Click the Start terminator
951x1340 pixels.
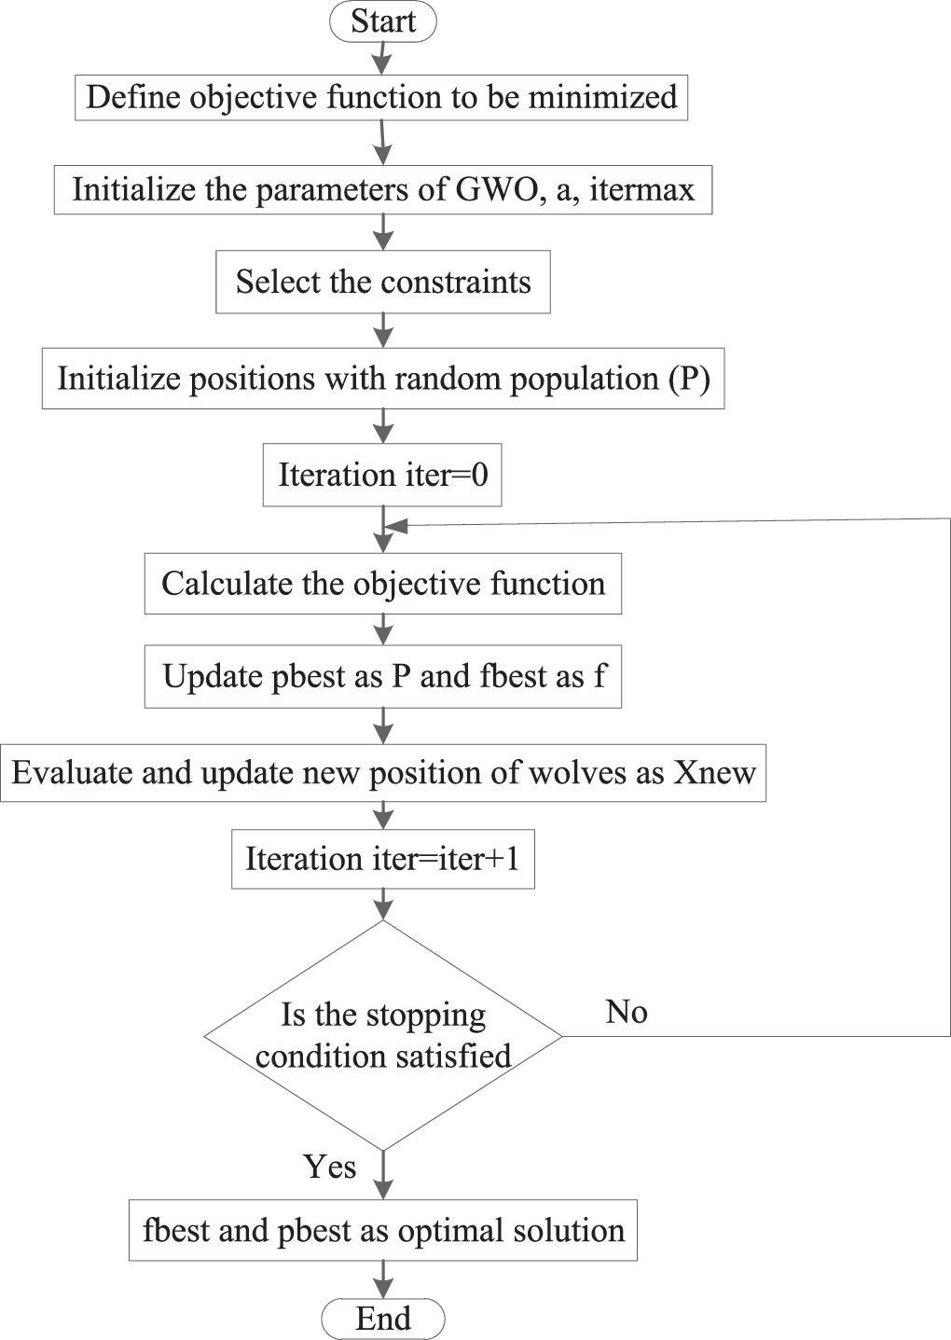tap(383, 21)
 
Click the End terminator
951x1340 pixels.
tap(383, 1319)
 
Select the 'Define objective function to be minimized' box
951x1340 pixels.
tap(381, 97)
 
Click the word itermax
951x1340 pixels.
tap(641, 189)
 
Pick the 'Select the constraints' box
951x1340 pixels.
tap(383, 282)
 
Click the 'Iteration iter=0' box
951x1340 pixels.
tap(382, 475)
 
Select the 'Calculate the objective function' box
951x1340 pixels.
tap(383, 583)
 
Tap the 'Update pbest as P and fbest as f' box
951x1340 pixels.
tap(383, 677)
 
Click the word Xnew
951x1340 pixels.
tap(715, 772)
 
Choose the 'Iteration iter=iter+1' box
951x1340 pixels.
tap(383, 859)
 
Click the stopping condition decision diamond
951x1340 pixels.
tap(383, 1035)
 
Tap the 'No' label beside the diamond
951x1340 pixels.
tap(627, 1012)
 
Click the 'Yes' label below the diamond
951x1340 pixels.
tap(329, 1167)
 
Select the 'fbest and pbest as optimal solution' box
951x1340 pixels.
tap(383, 1231)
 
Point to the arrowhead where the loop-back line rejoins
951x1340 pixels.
tap(396, 526)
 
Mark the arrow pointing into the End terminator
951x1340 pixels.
tap(383, 1279)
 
